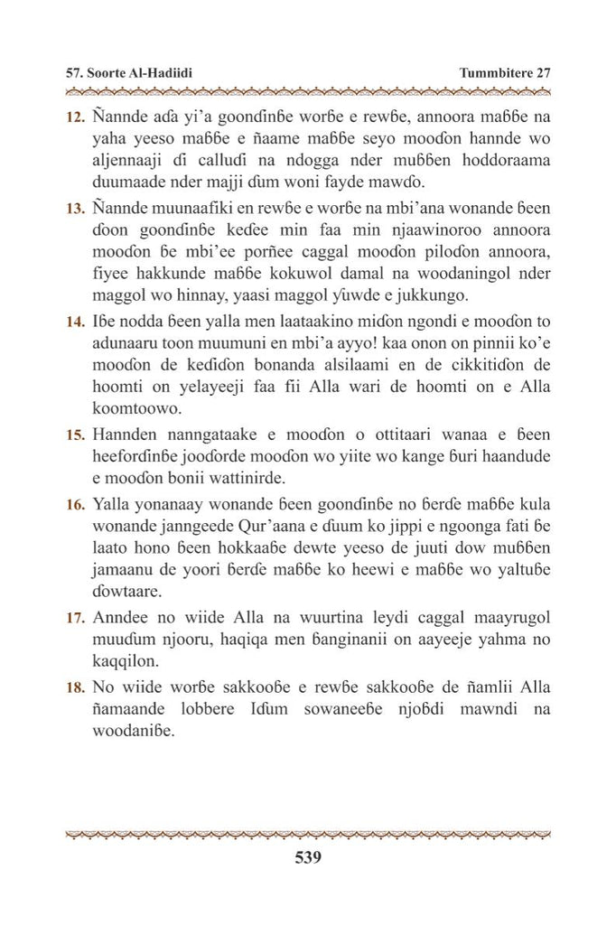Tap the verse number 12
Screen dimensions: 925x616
pos(75,118)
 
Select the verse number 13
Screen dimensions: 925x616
pos(75,209)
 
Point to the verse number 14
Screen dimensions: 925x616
pos(75,322)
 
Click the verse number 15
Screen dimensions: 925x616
pos(75,435)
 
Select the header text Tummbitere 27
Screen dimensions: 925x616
pos(504,73)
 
